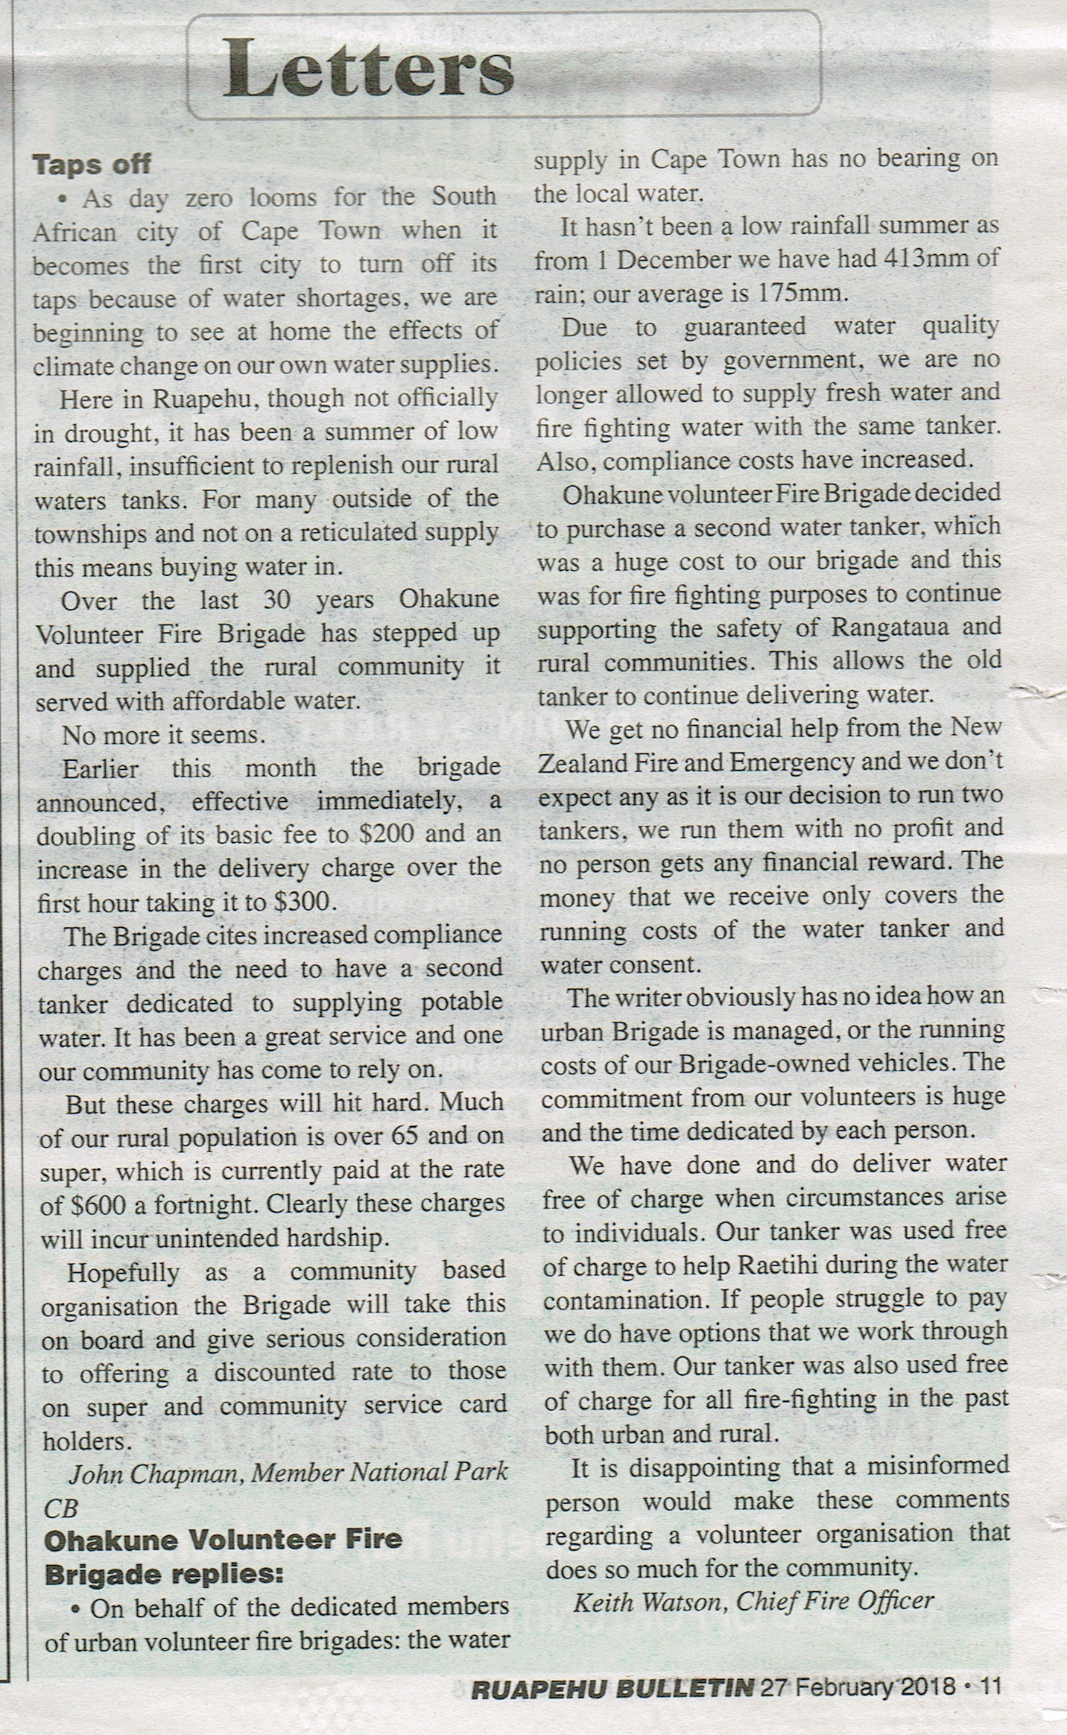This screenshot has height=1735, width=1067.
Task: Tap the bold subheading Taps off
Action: pyautogui.click(x=92, y=163)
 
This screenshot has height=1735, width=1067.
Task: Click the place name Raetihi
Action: pyautogui.click(x=804, y=1264)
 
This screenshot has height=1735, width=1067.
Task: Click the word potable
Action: pyautogui.click(x=463, y=1002)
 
